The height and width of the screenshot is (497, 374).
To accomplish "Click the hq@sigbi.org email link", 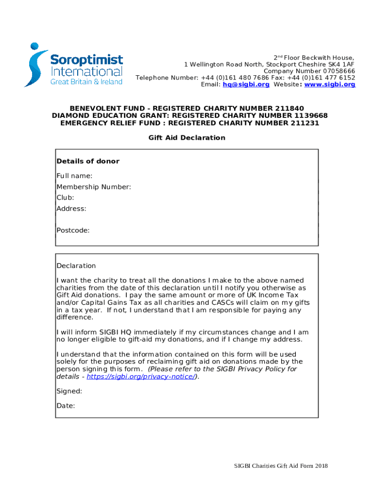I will [246, 84].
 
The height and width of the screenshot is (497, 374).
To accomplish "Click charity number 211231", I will [304, 123].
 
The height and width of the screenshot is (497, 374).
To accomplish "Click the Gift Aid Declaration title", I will [187, 138].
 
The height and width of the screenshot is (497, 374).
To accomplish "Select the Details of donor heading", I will [88, 161].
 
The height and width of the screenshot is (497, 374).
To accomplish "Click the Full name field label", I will [74, 176].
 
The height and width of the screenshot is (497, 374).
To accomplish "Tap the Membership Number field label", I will [94, 187].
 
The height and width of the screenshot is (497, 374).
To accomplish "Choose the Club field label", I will [65, 198].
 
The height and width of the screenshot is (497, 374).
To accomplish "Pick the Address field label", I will [71, 209].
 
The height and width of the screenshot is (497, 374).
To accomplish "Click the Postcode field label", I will [73, 231].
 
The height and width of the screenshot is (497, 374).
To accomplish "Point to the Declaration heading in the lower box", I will [76, 266].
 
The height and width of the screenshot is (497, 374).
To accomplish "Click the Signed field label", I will [69, 391].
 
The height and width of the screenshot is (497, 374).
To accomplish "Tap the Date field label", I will [66, 406].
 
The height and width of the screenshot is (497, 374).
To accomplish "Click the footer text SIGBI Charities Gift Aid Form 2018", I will [281, 466].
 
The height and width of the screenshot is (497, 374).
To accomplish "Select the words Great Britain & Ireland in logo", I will [86, 82].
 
